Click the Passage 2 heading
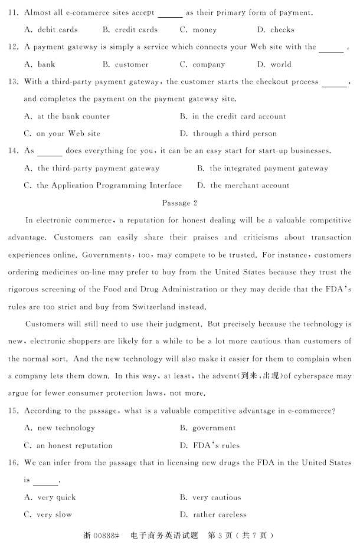click(179, 203)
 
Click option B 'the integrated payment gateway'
click(262, 168)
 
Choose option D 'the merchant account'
click(243, 185)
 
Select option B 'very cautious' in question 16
click(210, 497)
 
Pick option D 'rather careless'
click(213, 514)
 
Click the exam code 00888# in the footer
click(106, 536)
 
